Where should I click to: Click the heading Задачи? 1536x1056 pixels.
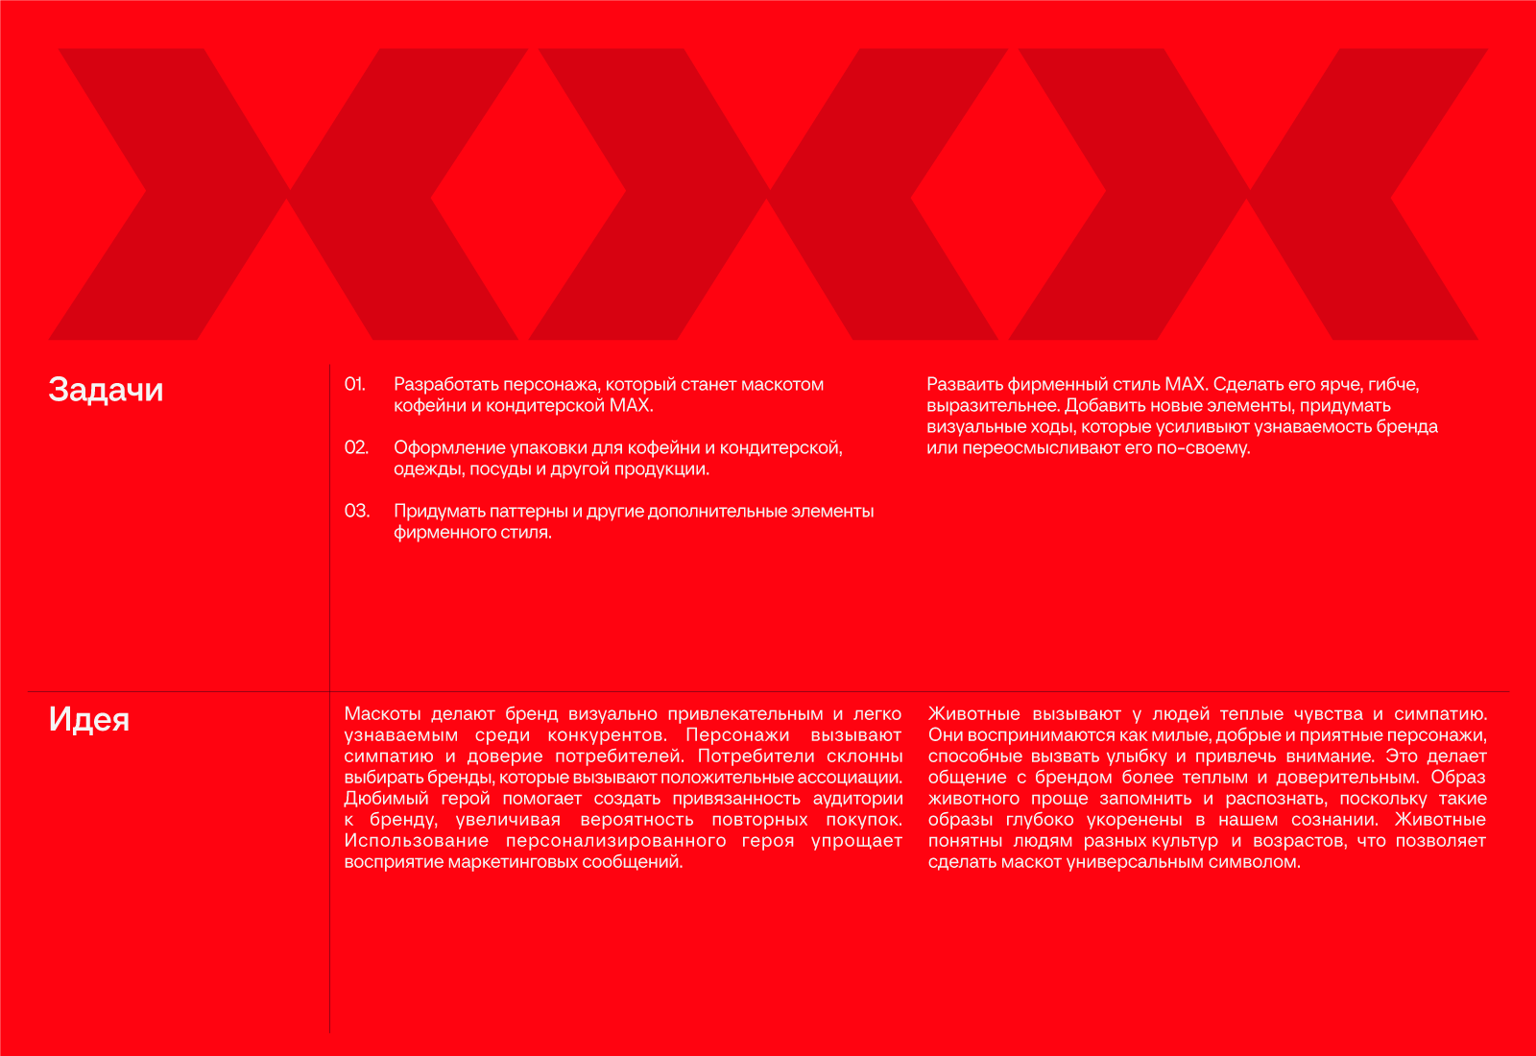pyautogui.click(x=106, y=390)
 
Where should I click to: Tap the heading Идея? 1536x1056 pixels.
pyautogui.click(x=89, y=720)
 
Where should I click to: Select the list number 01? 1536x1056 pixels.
pyautogui.click(x=355, y=385)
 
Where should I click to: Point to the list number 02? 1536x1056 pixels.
pyautogui.click(x=356, y=448)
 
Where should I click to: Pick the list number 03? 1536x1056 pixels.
pyautogui.click(x=357, y=512)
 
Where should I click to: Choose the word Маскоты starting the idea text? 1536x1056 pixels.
pyautogui.click(x=382, y=714)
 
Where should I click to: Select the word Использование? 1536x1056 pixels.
pyautogui.click(x=416, y=841)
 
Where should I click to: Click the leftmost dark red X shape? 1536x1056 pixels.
pyautogui.click(x=288, y=195)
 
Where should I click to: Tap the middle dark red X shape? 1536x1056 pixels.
pyautogui.click(x=768, y=195)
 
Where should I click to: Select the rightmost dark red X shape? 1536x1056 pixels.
pyautogui.click(x=1248, y=195)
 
